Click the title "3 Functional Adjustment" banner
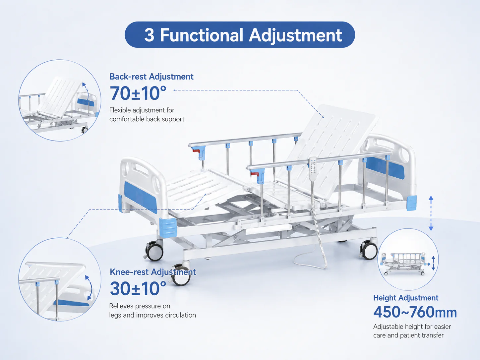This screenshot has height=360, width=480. click(240, 34)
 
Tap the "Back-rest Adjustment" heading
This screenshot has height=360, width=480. click(151, 77)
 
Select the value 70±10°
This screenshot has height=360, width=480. click(138, 93)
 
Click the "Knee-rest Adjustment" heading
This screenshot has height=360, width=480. click(152, 272)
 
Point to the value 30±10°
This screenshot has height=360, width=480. click(138, 288)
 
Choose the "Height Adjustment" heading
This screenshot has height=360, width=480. click(406, 298)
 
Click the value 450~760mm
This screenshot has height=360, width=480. click(415, 312)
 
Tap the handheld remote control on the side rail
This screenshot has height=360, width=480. click(313, 169)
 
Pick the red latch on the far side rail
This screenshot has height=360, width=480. click(196, 151)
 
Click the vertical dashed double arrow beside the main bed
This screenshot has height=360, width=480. click(431, 213)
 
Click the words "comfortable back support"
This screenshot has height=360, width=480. click(147, 119)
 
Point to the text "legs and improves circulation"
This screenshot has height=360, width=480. click(152, 315)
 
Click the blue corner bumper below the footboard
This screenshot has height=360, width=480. click(168, 227)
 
